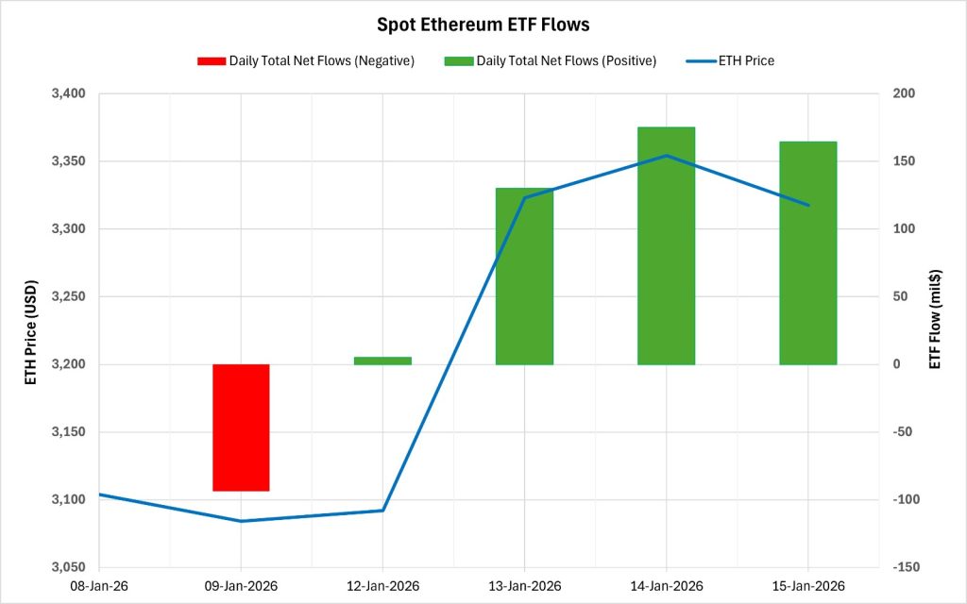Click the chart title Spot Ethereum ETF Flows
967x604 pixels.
tap(483, 24)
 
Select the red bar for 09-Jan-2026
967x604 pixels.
tap(241, 428)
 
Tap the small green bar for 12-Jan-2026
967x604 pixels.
tap(382, 360)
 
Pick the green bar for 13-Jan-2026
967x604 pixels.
tap(524, 276)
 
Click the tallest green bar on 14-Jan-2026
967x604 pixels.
tap(666, 245)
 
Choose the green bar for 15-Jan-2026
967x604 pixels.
tap(807, 253)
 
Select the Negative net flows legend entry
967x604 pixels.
tap(306, 60)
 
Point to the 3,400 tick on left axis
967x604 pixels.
tap(65, 93)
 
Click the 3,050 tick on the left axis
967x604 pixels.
tap(65, 567)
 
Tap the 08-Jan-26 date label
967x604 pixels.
tap(99, 586)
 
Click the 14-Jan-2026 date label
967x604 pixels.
tap(666, 586)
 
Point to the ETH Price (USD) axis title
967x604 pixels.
tap(30, 331)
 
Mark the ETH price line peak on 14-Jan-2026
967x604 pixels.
tap(666, 156)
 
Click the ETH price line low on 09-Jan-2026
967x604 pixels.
tap(241, 521)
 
